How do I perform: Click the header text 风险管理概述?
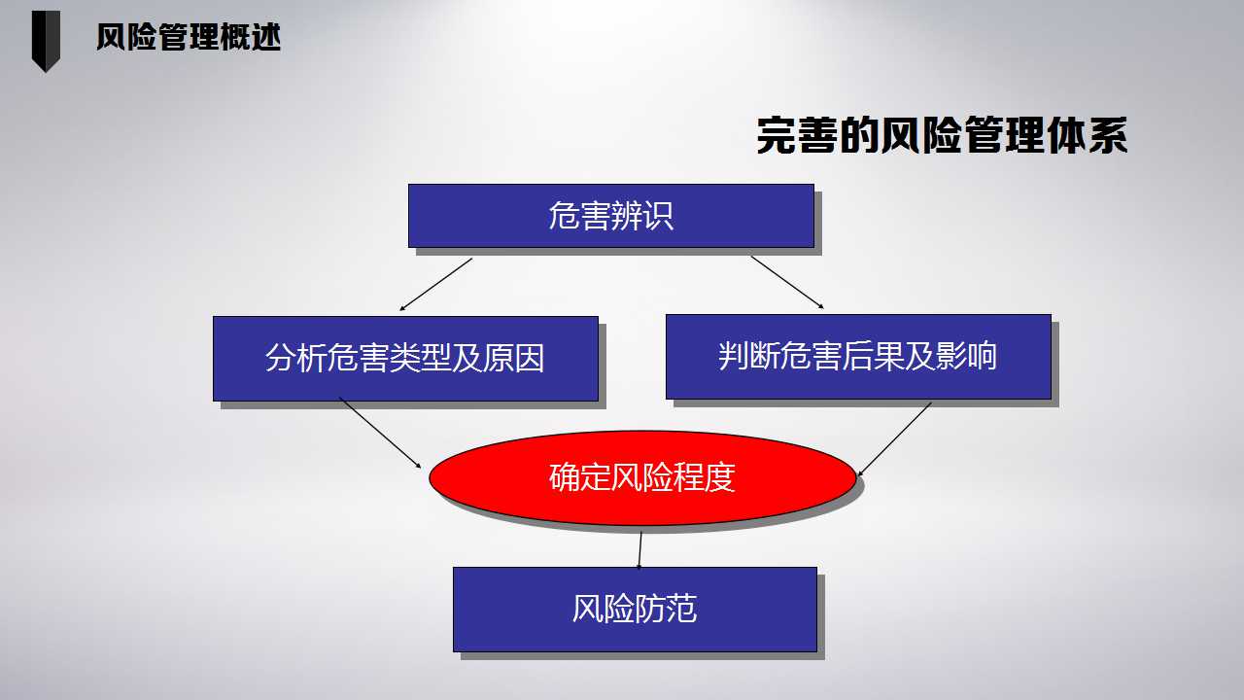[189, 37]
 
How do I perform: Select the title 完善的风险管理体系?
[942, 135]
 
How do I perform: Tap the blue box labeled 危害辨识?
[611, 216]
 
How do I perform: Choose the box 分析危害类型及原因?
[405, 359]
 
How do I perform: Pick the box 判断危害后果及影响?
[858, 357]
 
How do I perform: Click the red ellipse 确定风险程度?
[642, 477]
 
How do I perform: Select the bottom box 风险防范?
[635, 610]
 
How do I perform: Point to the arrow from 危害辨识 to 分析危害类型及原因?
[436, 284]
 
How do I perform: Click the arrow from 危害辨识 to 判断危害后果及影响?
[787, 282]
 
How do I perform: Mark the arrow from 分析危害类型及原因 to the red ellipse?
[380, 433]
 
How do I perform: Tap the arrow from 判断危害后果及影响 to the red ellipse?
[895, 439]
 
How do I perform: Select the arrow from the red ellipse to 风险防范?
[639, 550]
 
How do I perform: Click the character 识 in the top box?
[658, 216]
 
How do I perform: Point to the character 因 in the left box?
[530, 359]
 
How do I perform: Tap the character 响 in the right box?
[983, 356]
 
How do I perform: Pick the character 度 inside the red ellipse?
[720, 477]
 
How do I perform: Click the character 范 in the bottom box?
[681, 609]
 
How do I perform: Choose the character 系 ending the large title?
[1108, 135]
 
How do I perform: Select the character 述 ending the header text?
[266, 37]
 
